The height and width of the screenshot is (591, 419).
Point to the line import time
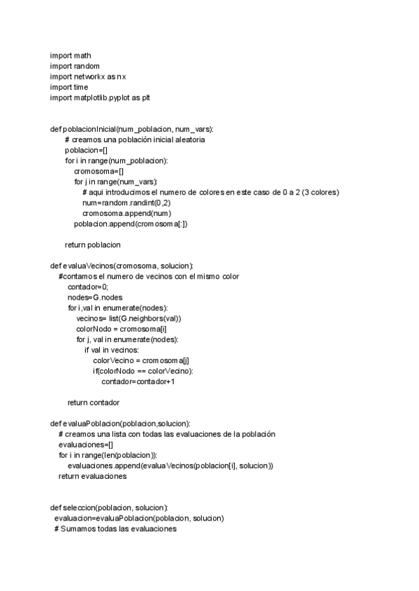[69, 87]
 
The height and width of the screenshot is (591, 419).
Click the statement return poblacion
[93, 245]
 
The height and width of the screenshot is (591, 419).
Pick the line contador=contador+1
[138, 382]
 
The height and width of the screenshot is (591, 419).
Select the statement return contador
[94, 403]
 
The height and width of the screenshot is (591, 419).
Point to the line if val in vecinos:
[112, 350]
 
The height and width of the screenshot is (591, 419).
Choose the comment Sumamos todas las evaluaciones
[119, 529]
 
